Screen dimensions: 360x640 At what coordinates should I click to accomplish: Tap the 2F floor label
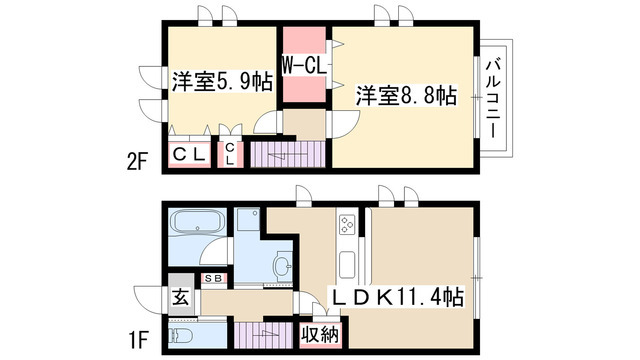[x=137, y=159]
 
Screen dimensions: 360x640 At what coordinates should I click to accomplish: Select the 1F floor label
[x=137, y=338]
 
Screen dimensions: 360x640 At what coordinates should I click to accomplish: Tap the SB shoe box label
[x=213, y=277]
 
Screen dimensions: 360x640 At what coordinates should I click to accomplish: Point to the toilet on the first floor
[x=182, y=335]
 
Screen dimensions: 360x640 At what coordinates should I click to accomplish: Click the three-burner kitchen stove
[x=347, y=226]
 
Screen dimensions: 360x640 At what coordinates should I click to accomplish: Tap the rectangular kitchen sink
[x=347, y=264]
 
